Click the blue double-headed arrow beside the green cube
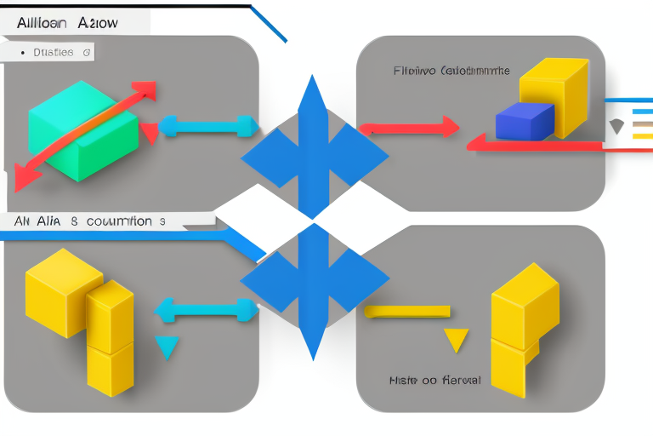(x=208, y=127)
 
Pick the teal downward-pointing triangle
(x=168, y=347)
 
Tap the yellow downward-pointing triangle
(x=457, y=340)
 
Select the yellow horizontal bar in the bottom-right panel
(x=407, y=312)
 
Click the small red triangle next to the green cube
(x=150, y=133)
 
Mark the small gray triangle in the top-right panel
(x=617, y=127)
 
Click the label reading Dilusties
(x=53, y=53)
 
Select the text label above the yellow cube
(x=451, y=72)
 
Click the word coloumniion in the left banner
(x=113, y=221)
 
